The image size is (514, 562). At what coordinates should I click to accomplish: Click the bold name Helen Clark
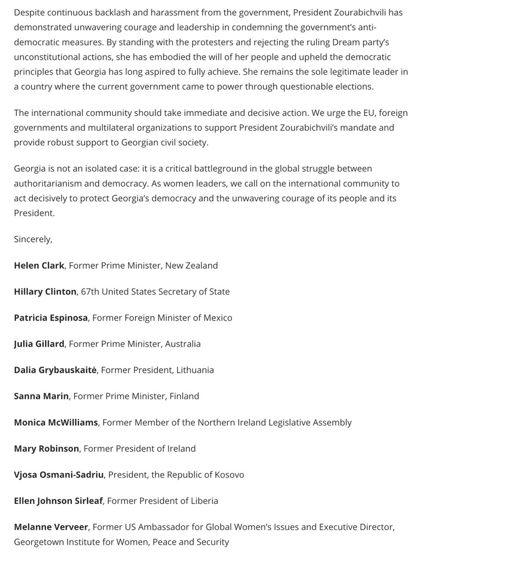(x=39, y=266)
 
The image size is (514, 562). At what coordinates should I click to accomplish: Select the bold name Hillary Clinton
(x=45, y=292)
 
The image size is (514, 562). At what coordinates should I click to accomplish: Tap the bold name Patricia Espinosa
(x=51, y=318)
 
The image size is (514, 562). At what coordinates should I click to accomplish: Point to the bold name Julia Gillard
(x=39, y=344)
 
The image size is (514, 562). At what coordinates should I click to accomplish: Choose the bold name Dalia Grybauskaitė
(x=55, y=370)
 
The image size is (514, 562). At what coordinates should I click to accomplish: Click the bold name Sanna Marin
(x=41, y=396)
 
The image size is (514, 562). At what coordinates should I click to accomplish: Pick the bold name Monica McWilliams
(x=55, y=423)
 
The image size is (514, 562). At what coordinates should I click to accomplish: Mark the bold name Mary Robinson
(x=46, y=449)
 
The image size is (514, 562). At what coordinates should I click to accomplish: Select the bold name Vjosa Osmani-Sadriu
(x=59, y=475)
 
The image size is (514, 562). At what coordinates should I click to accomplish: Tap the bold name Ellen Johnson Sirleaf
(x=58, y=501)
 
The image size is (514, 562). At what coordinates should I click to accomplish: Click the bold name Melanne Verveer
(x=51, y=527)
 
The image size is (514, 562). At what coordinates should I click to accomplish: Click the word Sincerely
(x=32, y=239)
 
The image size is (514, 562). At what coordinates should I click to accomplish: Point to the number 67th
(x=91, y=292)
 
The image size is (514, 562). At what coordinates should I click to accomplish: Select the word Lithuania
(x=195, y=370)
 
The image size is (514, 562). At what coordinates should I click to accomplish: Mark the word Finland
(x=184, y=396)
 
